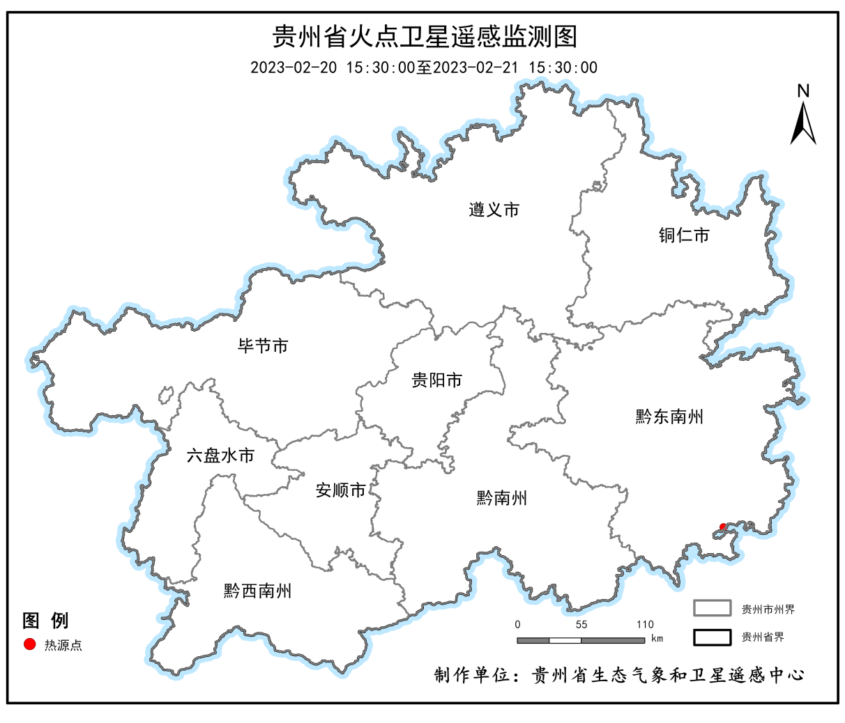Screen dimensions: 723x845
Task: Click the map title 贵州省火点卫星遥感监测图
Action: pyautogui.click(x=424, y=36)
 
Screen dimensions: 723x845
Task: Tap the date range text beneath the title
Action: pyautogui.click(x=424, y=68)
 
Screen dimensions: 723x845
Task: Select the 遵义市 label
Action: pyautogui.click(x=494, y=210)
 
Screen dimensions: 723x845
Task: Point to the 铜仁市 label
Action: pyautogui.click(x=684, y=235)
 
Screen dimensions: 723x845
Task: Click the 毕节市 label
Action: pyautogui.click(x=263, y=345)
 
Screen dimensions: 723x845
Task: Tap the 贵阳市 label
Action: pyautogui.click(x=437, y=380)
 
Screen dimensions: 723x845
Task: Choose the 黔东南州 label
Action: pyautogui.click(x=669, y=417)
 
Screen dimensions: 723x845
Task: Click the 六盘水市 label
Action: pyautogui.click(x=220, y=456)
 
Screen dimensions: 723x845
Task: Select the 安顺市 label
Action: pyautogui.click(x=341, y=490)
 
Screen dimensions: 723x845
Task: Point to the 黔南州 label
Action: pyautogui.click(x=502, y=498)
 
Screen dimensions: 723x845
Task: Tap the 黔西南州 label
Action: pyautogui.click(x=257, y=591)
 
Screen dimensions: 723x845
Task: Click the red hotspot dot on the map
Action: pyautogui.click(x=723, y=527)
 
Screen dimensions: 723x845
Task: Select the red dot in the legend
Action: pyautogui.click(x=29, y=644)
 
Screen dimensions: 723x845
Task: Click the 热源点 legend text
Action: pyautogui.click(x=63, y=645)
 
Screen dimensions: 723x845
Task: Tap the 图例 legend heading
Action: pyautogui.click(x=45, y=620)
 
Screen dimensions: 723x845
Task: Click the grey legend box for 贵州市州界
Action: pyautogui.click(x=712, y=608)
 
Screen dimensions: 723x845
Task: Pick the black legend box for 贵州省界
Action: pyautogui.click(x=712, y=637)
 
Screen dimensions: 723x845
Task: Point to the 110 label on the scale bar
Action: pyautogui.click(x=645, y=624)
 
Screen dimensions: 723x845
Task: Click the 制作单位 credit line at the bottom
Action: pyautogui.click(x=618, y=675)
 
